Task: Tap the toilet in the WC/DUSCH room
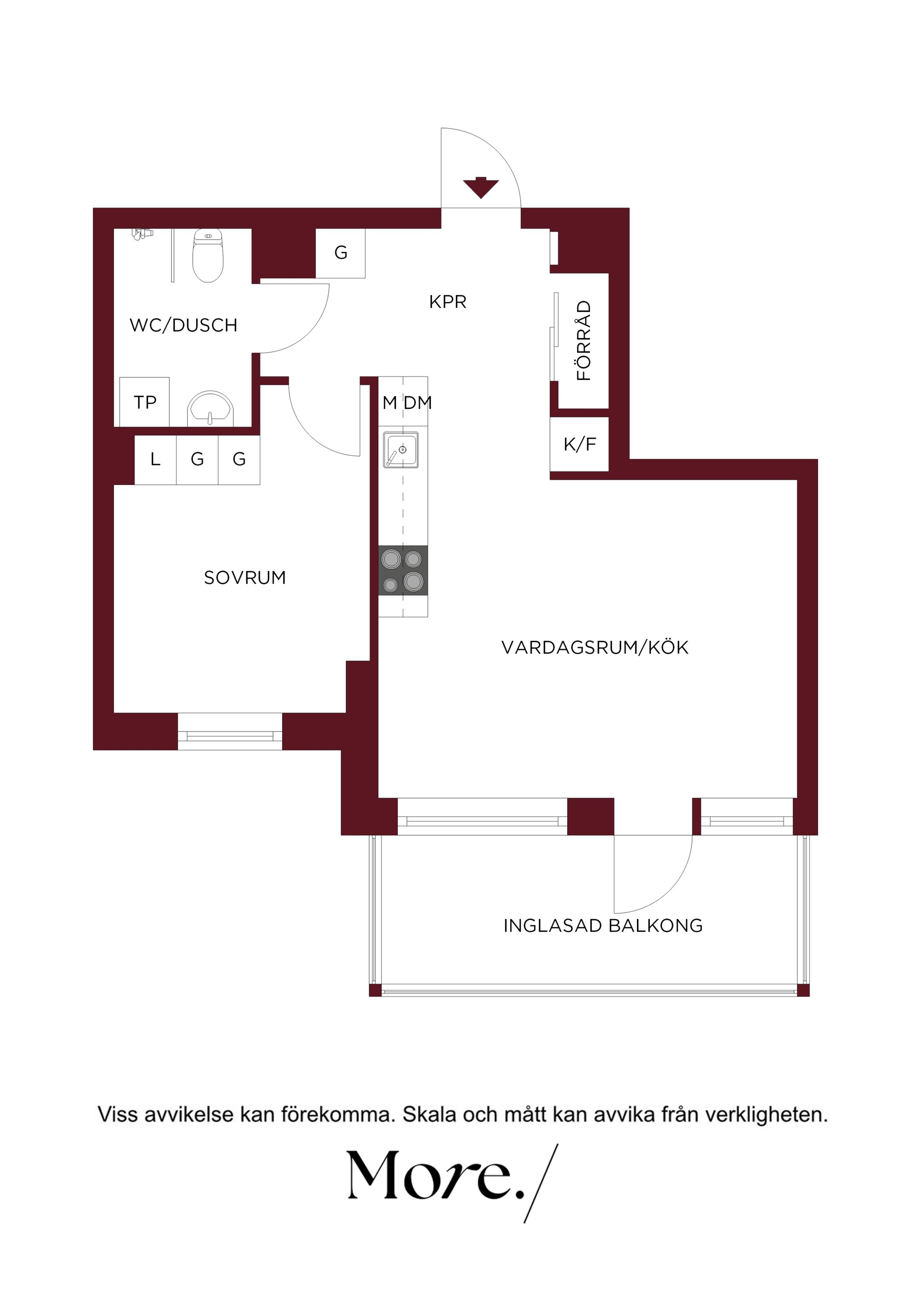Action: [208, 255]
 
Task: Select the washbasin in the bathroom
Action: [210, 408]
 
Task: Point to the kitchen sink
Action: [401, 450]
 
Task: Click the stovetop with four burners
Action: [403, 570]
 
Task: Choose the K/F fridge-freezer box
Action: [579, 444]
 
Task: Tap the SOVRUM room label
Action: [245, 578]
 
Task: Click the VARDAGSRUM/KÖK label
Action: [594, 647]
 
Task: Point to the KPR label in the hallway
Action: [447, 302]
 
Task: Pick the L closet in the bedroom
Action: [156, 459]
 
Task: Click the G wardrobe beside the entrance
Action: [341, 253]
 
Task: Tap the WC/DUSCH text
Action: [184, 325]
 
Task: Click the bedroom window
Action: [230, 731]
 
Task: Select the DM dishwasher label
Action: [418, 403]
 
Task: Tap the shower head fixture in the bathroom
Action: [142, 233]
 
